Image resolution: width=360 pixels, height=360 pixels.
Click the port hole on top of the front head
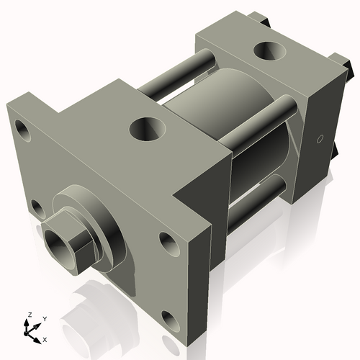(x=149, y=130)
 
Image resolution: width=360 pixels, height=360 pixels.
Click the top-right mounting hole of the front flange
(x=168, y=243)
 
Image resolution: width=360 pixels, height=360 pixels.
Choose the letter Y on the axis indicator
(x=44, y=318)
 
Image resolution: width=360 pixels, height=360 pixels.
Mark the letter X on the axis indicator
(x=45, y=338)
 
